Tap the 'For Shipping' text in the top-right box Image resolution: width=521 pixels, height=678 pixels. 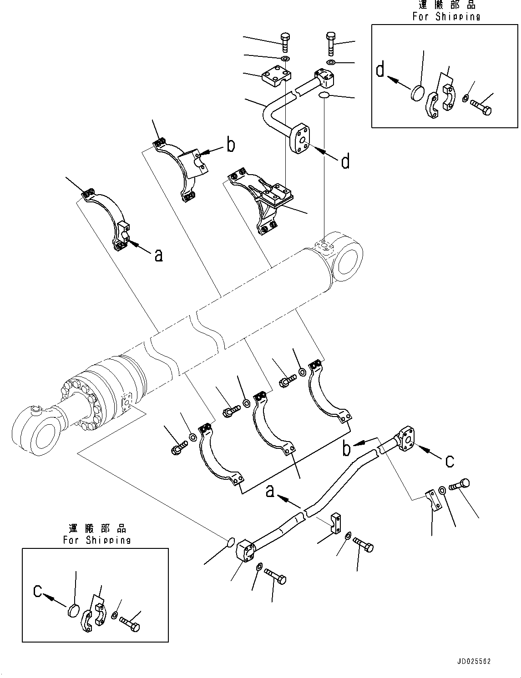tap(446, 17)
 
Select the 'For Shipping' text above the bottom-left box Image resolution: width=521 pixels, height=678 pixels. tap(97, 540)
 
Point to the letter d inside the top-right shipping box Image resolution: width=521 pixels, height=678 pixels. tap(380, 71)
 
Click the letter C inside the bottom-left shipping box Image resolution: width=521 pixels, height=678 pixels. tap(38, 591)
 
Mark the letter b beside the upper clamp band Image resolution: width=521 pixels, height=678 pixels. tap(231, 145)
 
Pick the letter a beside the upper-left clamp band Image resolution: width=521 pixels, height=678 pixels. tap(158, 256)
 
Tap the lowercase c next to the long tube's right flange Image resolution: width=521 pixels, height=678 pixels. tap(449, 461)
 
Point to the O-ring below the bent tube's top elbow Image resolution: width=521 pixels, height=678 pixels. tap(324, 95)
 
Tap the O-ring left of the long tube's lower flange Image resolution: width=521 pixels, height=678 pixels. tap(231, 542)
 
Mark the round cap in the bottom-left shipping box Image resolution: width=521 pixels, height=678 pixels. tap(73, 610)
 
